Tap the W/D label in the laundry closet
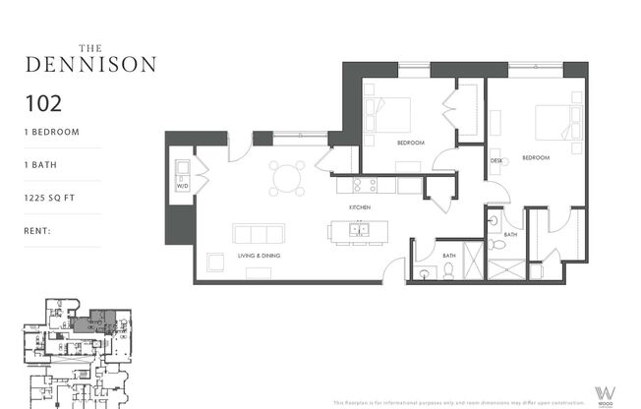tap(182, 185)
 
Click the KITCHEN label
tap(358, 209)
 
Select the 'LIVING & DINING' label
tap(258, 256)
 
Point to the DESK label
tap(497, 160)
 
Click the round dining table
tap(286, 178)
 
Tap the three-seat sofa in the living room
tap(259, 234)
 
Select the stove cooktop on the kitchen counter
tap(365, 184)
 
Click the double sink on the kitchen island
tap(361, 232)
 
